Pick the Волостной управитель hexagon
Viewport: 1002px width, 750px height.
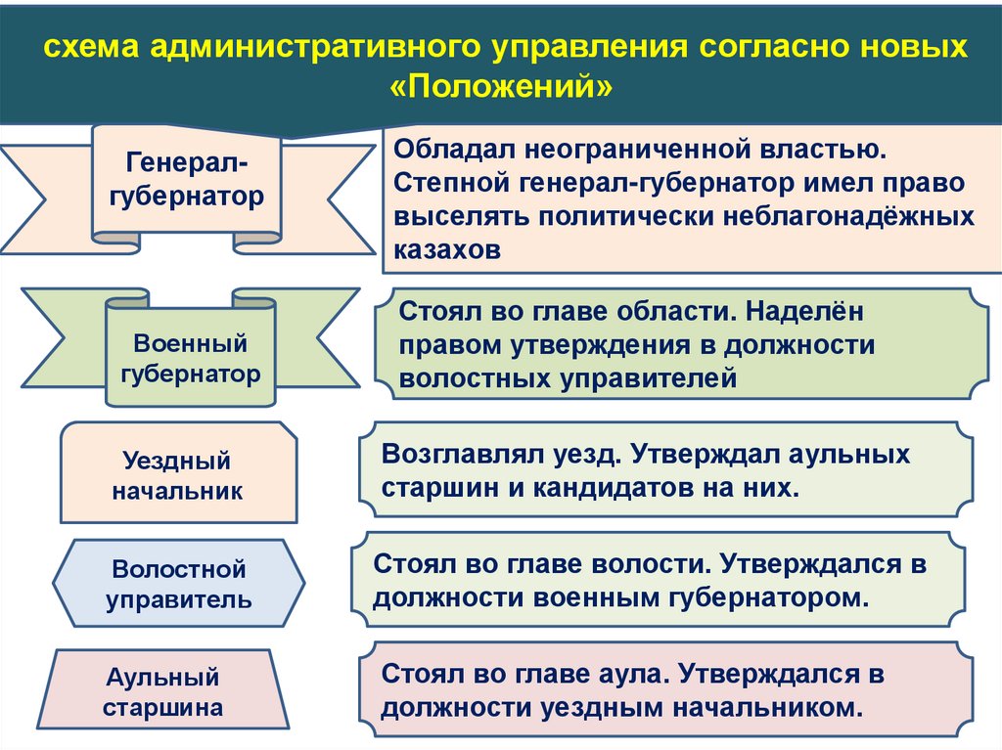point(178,584)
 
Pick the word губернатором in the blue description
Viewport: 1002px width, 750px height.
point(772,596)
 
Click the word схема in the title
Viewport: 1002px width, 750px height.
point(88,47)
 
